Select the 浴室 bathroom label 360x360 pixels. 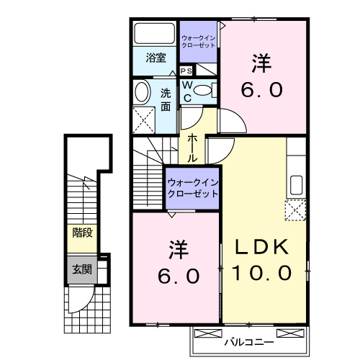point(155,58)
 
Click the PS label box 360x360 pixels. point(186,71)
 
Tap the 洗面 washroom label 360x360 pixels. point(166,99)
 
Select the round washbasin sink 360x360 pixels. point(141,91)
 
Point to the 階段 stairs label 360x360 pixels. point(81,233)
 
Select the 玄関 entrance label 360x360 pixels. point(81,270)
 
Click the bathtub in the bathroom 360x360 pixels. point(153,33)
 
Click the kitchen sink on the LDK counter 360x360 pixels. point(296,185)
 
